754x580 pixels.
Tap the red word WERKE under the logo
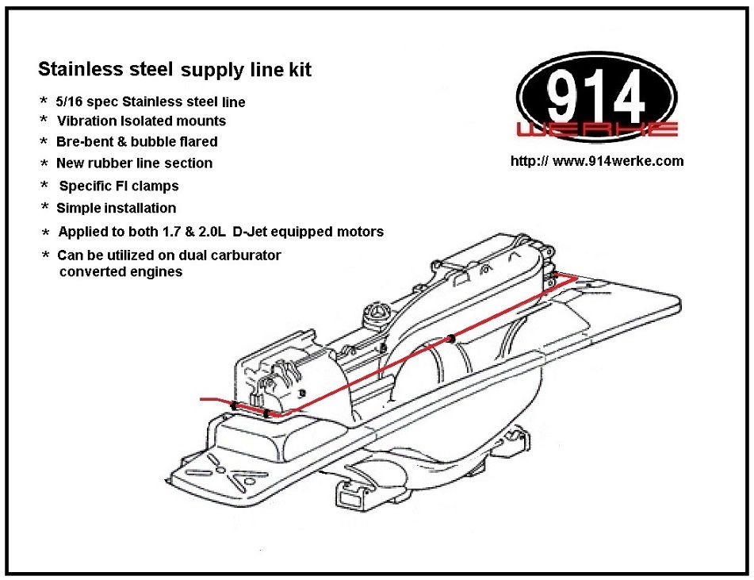[595, 129]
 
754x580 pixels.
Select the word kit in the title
[298, 70]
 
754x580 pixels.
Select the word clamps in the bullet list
[156, 186]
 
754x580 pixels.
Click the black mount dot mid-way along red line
[450, 339]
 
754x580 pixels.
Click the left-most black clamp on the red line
[234, 405]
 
